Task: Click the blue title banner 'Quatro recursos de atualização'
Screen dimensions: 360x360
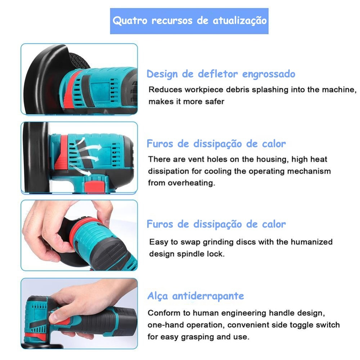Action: coord(189,21)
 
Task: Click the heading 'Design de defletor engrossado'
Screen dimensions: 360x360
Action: coord(221,74)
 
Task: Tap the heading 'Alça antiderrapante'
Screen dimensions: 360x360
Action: coord(196,296)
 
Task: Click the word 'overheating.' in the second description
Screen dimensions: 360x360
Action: coord(192,183)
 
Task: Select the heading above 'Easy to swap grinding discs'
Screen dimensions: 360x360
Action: coord(216,224)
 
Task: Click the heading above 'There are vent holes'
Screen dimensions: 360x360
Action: coord(216,144)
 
